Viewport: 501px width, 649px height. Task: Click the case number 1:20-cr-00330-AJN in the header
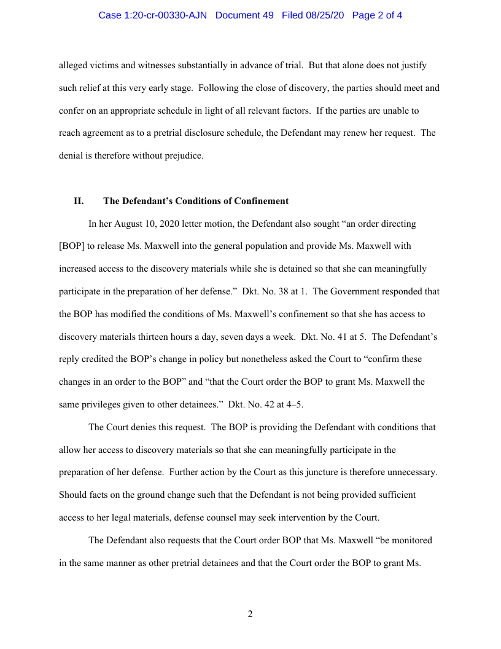coord(163,15)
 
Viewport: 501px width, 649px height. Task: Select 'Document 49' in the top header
coord(244,15)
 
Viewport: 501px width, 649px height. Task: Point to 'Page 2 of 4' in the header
coord(377,15)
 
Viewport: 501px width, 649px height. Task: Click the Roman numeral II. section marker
coord(79,201)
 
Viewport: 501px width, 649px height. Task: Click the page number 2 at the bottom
coord(250,614)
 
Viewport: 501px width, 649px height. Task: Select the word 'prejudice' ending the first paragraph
coord(182,155)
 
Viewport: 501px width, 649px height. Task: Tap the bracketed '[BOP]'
coord(72,246)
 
